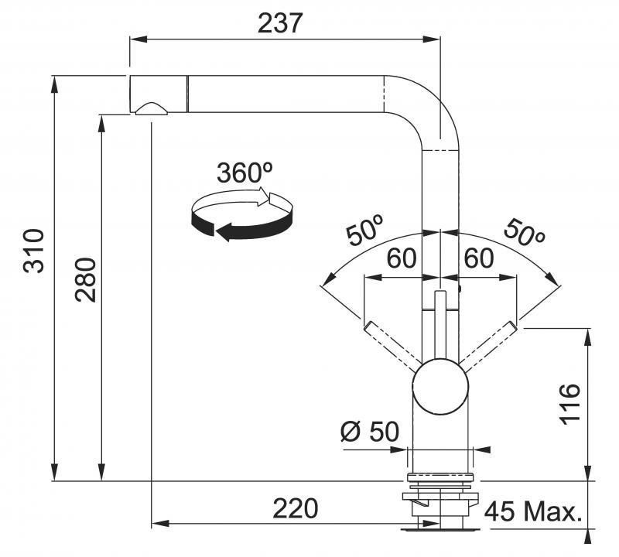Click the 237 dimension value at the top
280,23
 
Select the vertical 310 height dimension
33,251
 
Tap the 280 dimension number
86,280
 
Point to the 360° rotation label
245,173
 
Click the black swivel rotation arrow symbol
241,216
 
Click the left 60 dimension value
401,258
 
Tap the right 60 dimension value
478,258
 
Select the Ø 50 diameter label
370,432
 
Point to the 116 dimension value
570,404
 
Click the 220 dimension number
296,508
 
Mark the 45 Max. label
533,511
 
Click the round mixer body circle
440,387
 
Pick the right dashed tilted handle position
487,344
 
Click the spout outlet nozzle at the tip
152,108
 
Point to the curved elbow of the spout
422,111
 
